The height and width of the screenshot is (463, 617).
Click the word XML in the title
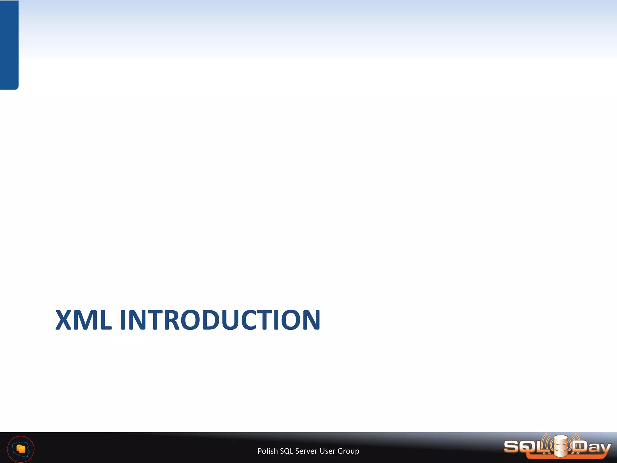pyautogui.click(x=83, y=320)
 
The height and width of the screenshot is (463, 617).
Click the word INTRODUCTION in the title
pyautogui.click(x=220, y=320)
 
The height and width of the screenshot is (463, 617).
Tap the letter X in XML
pyautogui.click(x=64, y=320)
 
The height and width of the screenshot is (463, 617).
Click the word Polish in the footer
pyautogui.click(x=268, y=451)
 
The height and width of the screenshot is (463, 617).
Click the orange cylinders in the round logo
pyautogui.click(x=21, y=449)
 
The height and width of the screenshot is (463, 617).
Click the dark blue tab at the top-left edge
pyautogui.click(x=9, y=45)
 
